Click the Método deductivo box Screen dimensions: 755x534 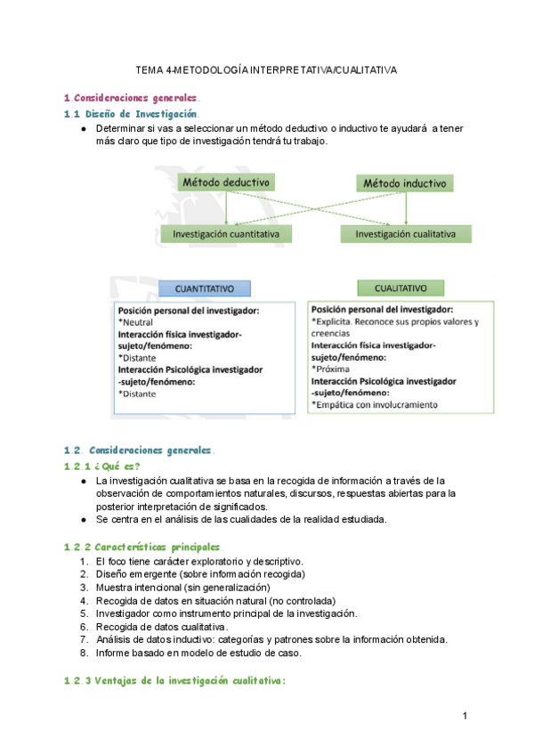tap(226, 183)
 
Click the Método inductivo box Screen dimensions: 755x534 tap(406, 183)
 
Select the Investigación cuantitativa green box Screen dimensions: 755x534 tap(226, 233)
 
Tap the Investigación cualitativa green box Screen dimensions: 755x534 tap(406, 233)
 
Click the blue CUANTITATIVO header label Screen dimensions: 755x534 tap(205, 288)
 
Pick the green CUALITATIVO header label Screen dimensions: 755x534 tap(400, 288)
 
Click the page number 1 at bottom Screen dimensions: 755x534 tap(465, 716)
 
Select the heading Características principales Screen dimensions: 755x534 tap(155, 545)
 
